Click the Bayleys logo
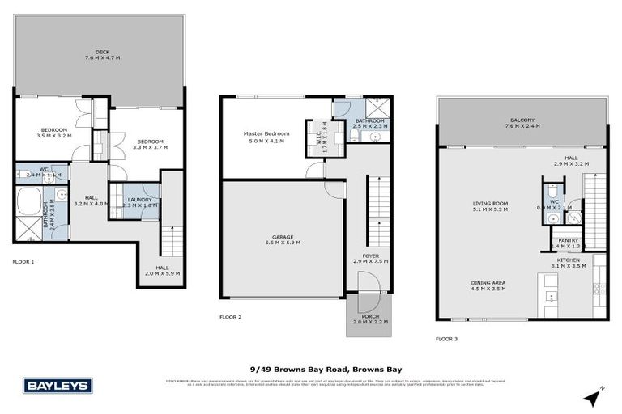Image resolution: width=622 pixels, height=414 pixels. pyautogui.click(x=58, y=386)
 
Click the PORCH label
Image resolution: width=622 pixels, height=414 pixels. pyautogui.click(x=370, y=318)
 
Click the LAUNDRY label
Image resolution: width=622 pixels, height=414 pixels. pyautogui.click(x=139, y=202)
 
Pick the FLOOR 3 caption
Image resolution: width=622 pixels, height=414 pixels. pyautogui.click(x=446, y=339)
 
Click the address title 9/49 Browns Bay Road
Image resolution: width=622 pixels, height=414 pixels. pyautogui.click(x=311, y=369)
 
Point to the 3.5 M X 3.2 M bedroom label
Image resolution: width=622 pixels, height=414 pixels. pyautogui.click(x=54, y=133)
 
